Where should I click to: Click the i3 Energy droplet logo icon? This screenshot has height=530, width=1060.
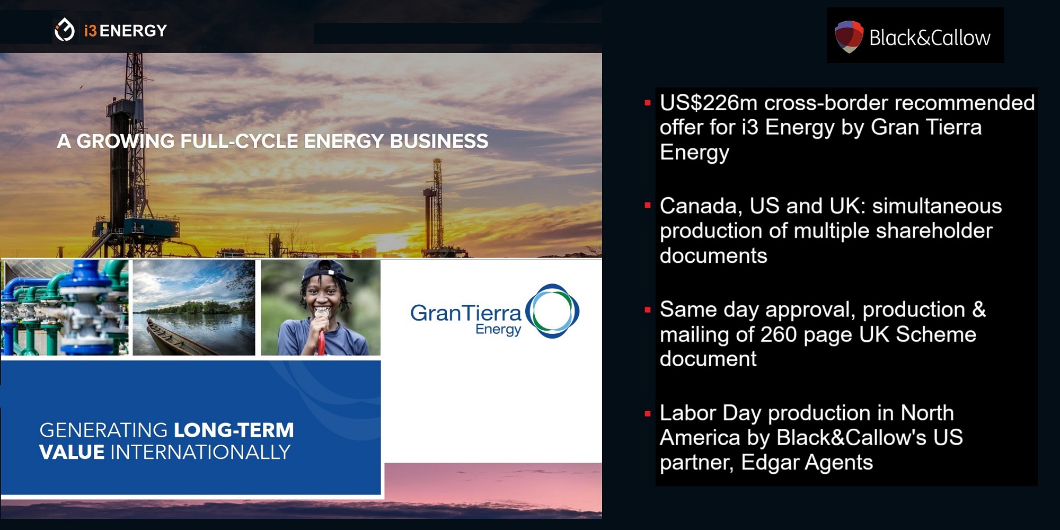tap(65, 30)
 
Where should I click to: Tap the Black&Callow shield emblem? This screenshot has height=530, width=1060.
tap(849, 36)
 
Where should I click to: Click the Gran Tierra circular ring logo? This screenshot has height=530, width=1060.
tap(552, 311)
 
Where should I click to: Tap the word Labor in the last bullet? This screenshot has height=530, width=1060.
tap(687, 413)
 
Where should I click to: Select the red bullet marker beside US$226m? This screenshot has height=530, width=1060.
tap(647, 103)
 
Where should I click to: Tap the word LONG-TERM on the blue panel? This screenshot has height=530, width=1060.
tap(234, 430)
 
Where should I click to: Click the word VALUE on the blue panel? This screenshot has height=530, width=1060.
tap(72, 452)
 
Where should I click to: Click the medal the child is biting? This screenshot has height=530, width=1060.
tap(321, 314)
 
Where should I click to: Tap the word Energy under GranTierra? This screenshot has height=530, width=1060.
tap(498, 330)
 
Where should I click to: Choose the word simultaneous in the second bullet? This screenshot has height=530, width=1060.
tap(937, 206)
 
